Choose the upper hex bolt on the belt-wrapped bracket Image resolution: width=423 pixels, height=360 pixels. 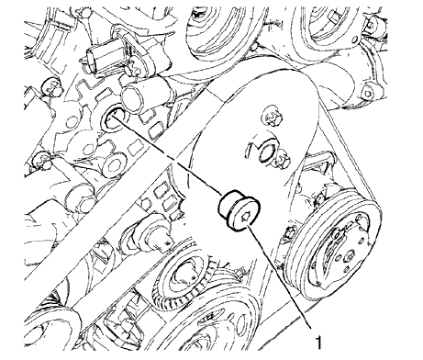tap(273, 118)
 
